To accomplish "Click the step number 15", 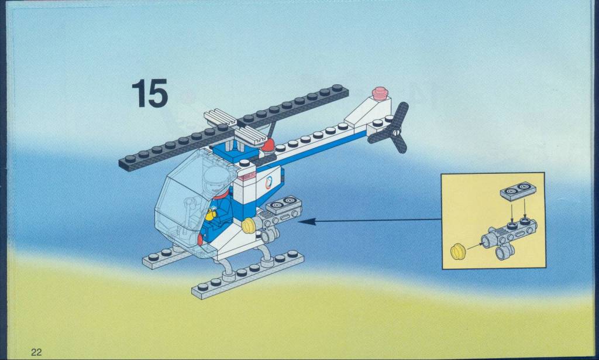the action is (x=150, y=93).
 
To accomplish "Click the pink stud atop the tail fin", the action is (x=380, y=94).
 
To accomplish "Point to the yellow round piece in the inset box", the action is (x=459, y=252).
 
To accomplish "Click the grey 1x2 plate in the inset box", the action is (x=518, y=191).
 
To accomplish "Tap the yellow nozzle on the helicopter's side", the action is (x=249, y=225).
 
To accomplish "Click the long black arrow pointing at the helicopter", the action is (x=369, y=221).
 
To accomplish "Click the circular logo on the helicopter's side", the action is (x=268, y=183).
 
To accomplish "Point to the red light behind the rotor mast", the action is (x=268, y=145).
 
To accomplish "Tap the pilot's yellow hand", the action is (x=210, y=215).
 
